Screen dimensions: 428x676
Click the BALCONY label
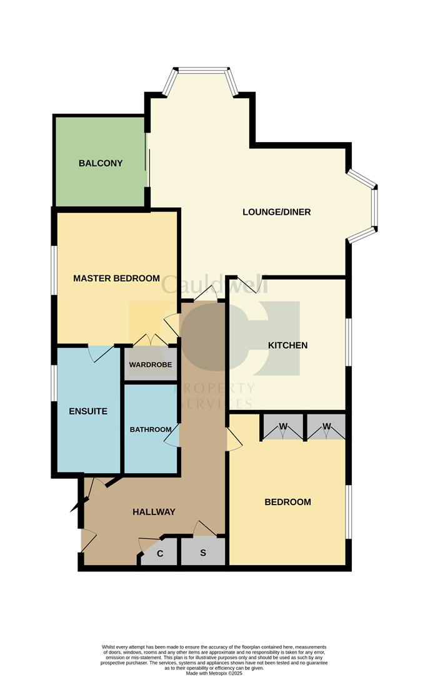point(101,163)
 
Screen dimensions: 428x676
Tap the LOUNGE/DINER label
point(277,212)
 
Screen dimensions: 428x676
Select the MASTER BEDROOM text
point(117,278)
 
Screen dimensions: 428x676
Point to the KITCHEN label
point(288,345)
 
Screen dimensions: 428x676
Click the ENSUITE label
point(88,411)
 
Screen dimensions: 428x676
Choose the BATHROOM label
point(151,429)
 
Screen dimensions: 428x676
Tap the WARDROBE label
point(151,364)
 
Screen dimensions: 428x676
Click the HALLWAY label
point(154,512)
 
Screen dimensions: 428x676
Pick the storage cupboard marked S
point(203,552)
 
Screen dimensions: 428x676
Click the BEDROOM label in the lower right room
point(288,502)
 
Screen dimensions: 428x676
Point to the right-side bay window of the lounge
point(362,207)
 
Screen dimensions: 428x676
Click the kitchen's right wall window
point(349,343)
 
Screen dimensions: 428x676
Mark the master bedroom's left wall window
point(54,270)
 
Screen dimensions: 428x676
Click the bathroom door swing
point(172,436)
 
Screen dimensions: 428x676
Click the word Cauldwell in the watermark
point(215,284)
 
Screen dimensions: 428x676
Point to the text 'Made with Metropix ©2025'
point(214,672)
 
